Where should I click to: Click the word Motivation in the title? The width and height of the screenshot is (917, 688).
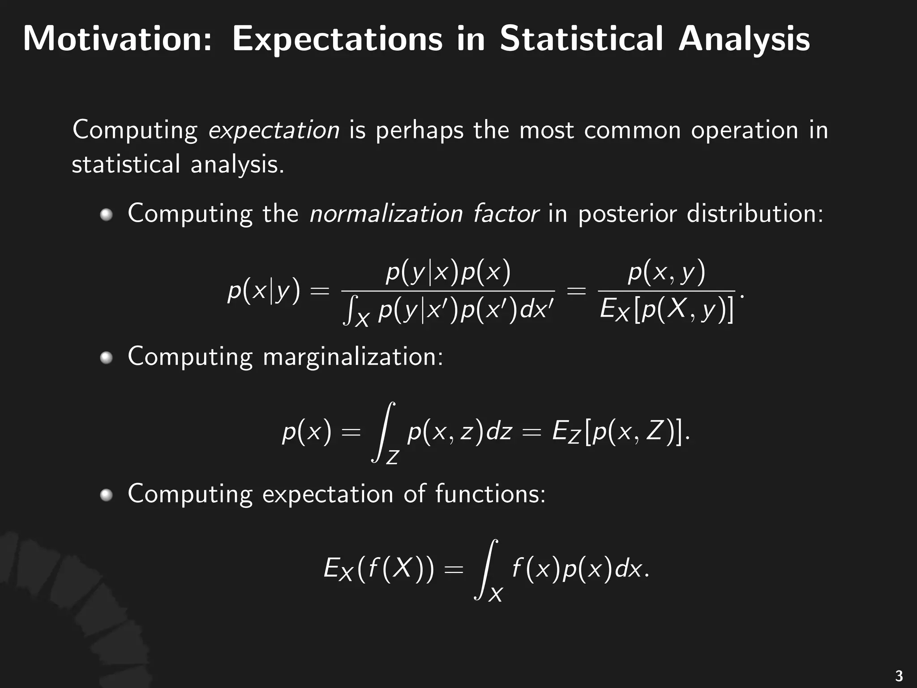117,39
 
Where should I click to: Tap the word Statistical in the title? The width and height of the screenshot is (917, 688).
581,39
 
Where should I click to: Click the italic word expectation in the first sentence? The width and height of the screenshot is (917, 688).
274,130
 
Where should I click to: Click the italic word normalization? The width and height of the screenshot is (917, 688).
386,213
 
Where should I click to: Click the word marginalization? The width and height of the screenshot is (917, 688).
353,358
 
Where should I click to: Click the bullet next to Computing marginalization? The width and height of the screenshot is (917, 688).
107,358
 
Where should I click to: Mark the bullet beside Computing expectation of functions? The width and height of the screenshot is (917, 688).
107,495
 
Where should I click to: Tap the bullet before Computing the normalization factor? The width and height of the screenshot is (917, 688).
107,215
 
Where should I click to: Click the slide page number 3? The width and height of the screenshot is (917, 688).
898,675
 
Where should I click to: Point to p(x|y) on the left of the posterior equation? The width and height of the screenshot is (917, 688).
264,292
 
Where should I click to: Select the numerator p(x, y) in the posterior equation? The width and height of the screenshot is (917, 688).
666,272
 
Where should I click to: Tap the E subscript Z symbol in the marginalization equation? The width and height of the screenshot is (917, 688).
566,433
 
